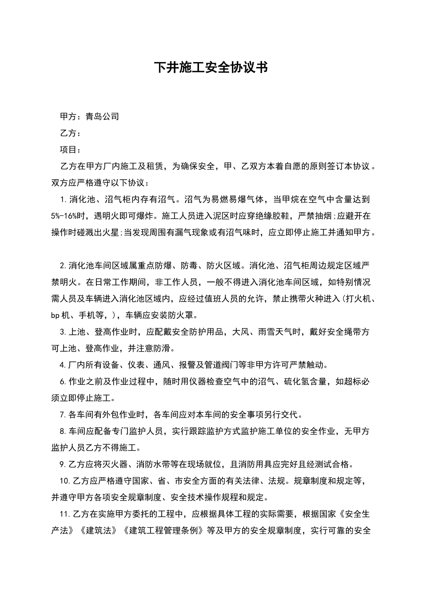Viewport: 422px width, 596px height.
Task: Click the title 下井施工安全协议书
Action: (211, 68)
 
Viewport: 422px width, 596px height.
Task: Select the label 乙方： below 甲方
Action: (70, 133)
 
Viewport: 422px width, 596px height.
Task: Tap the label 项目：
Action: (70, 150)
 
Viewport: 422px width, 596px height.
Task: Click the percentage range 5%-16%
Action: (67, 216)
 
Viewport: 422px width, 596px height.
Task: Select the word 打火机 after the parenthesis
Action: (357, 299)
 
